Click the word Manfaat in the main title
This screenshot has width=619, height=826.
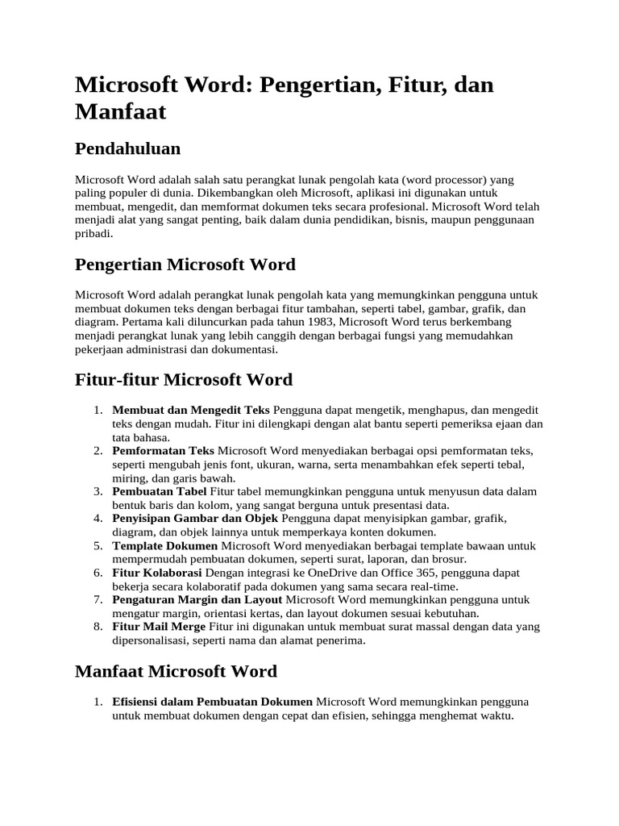120,111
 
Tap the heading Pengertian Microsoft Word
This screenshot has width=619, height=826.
185,265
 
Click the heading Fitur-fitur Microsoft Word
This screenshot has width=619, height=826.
183,379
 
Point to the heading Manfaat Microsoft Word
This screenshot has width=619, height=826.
176,671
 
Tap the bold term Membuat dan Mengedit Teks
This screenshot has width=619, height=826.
191,410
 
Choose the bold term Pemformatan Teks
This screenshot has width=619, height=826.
163,450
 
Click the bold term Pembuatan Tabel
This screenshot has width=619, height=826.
160,491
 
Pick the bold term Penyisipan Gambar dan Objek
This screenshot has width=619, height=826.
195,518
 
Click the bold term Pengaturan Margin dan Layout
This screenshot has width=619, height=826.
197,600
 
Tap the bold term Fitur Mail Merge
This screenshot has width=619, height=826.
159,627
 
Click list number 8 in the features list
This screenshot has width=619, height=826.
97,627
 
